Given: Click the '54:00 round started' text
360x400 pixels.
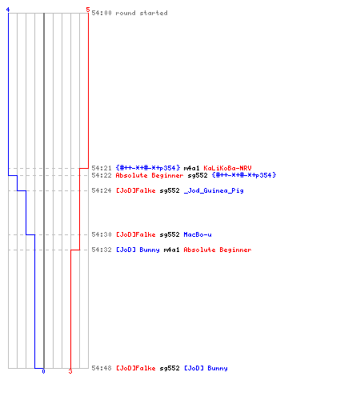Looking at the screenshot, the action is [x=130, y=13].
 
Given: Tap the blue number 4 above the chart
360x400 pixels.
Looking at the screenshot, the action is [x=8, y=10].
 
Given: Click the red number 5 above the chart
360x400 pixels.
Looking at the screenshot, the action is [x=88, y=10].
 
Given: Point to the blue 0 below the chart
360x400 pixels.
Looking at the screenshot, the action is [x=43, y=371].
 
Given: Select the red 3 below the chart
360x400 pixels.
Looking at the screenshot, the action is [x=70, y=371].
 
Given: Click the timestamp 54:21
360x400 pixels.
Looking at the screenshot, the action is [x=102, y=168].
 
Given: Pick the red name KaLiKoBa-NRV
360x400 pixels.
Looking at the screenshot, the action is [x=227, y=168].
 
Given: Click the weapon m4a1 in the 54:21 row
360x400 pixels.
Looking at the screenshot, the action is [x=191, y=168].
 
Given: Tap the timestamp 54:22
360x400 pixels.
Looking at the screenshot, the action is [x=102, y=175].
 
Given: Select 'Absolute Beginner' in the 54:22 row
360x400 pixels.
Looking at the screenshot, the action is [x=150, y=175].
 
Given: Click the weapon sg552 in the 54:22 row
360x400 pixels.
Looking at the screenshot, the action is [x=198, y=175].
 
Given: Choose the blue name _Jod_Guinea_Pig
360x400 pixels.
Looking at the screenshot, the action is [x=214, y=190].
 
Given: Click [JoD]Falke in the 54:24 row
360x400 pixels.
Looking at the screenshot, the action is [x=135, y=190].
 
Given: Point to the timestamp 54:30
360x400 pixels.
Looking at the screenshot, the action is [x=102, y=234].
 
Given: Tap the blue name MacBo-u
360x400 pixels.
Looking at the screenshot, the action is [x=198, y=234].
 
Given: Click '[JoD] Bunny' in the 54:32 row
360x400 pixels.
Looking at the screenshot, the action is [x=138, y=250].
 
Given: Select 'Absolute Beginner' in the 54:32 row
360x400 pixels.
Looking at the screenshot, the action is [x=218, y=250].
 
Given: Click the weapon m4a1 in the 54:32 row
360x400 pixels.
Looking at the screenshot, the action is [x=171, y=250].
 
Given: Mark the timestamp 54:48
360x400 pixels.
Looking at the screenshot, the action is [x=102, y=368].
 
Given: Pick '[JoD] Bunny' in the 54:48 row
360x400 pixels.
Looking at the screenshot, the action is [x=206, y=368].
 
